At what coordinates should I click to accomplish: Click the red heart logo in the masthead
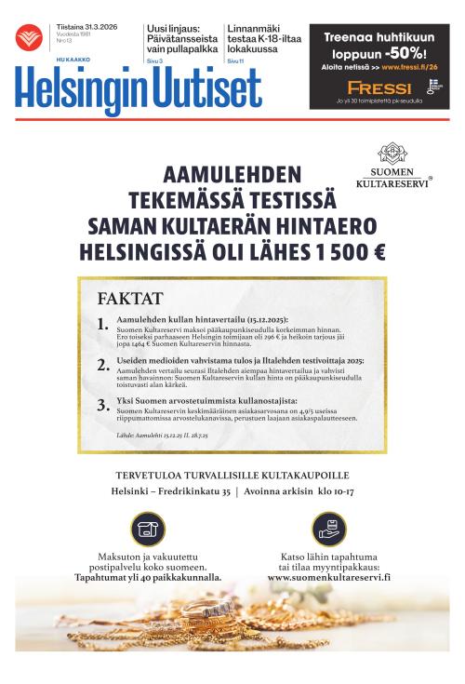[x=29, y=37]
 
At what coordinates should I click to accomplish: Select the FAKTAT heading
[x=130, y=299]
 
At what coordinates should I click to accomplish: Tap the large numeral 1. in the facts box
[x=103, y=325]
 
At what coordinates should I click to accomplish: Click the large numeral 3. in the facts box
[x=103, y=405]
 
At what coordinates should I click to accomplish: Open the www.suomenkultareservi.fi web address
[x=328, y=577]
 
